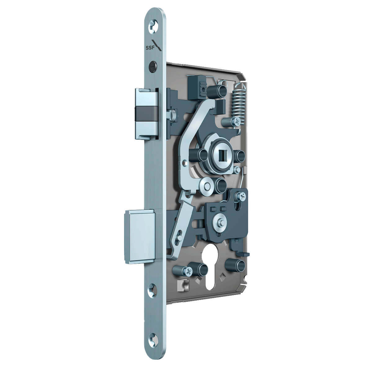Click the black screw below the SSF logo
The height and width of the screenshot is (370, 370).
pos(153,67)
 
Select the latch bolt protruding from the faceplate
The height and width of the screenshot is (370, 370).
pos(146,114)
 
